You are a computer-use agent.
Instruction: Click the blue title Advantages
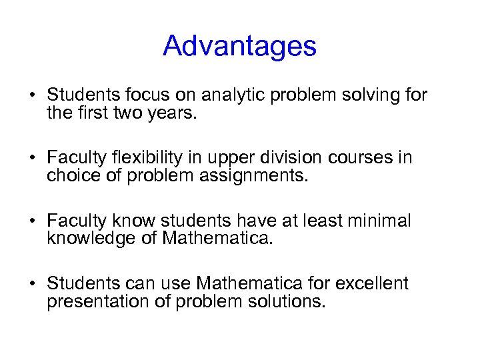[239, 46]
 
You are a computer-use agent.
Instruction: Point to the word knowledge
[93, 238]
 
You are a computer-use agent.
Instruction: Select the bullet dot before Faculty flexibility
[31, 159]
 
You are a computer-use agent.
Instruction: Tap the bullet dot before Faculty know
[31, 221]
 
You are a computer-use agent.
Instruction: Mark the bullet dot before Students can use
[31, 284]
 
